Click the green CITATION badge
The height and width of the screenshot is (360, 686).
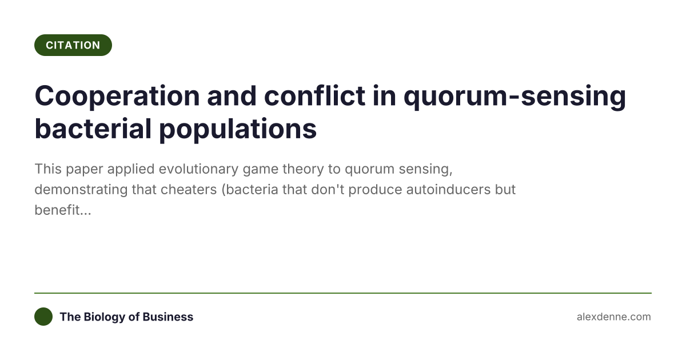click(x=73, y=45)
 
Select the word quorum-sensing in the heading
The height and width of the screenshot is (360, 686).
click(x=515, y=96)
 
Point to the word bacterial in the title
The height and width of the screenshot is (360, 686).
click(x=91, y=129)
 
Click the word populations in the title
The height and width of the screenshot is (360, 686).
click(x=237, y=129)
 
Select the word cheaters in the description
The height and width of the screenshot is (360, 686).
click(x=186, y=190)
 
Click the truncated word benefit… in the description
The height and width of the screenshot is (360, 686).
click(x=63, y=210)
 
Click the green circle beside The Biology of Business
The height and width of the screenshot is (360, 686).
click(x=43, y=317)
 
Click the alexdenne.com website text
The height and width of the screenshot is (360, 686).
click(x=613, y=317)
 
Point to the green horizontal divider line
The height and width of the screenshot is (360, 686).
click(x=343, y=293)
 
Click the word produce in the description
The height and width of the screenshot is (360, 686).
click(x=372, y=190)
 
